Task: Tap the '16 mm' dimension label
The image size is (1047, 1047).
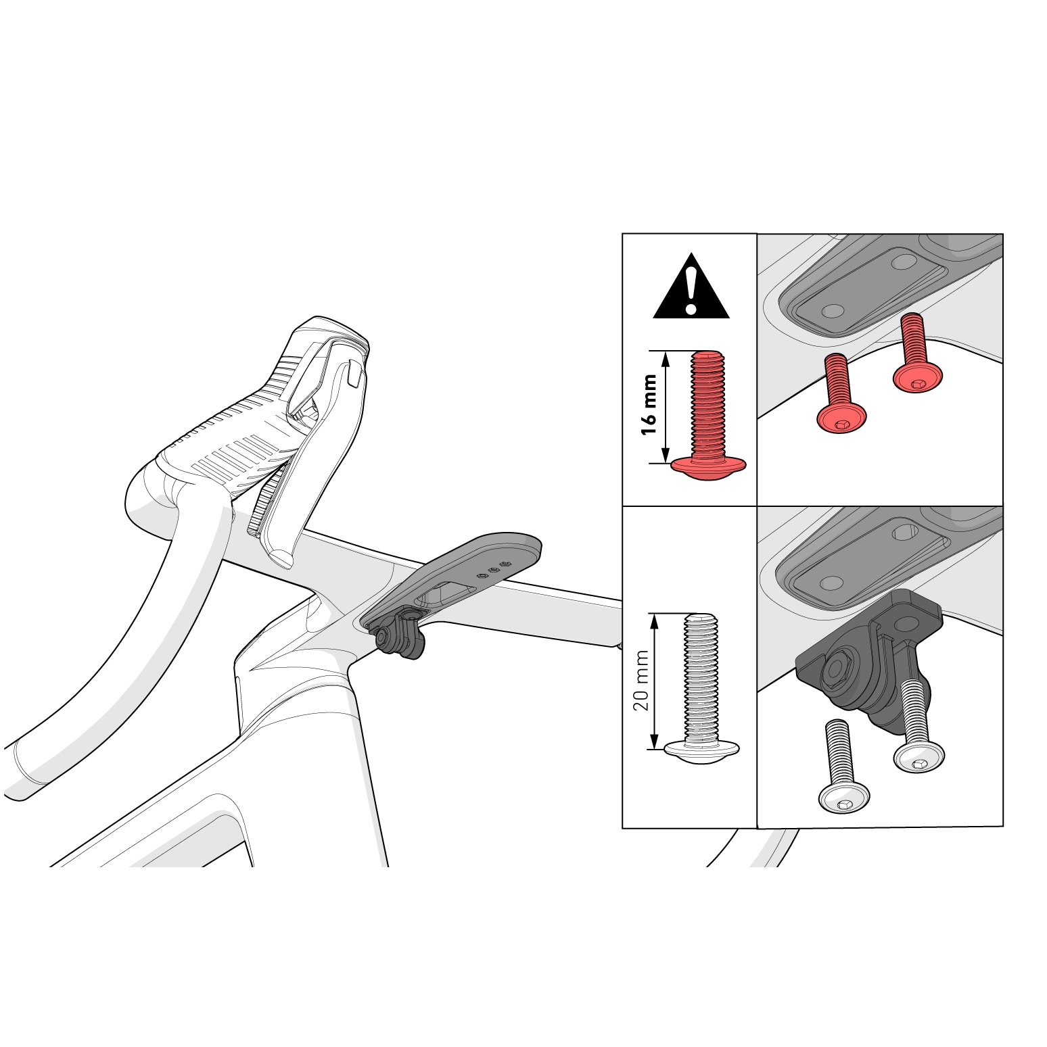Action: [649, 405]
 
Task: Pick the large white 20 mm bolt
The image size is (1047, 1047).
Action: [703, 689]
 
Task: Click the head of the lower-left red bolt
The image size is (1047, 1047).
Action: [842, 419]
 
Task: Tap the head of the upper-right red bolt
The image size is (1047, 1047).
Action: [918, 379]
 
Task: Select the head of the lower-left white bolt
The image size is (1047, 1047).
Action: [844, 799]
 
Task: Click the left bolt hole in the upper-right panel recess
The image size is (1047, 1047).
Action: [833, 311]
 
